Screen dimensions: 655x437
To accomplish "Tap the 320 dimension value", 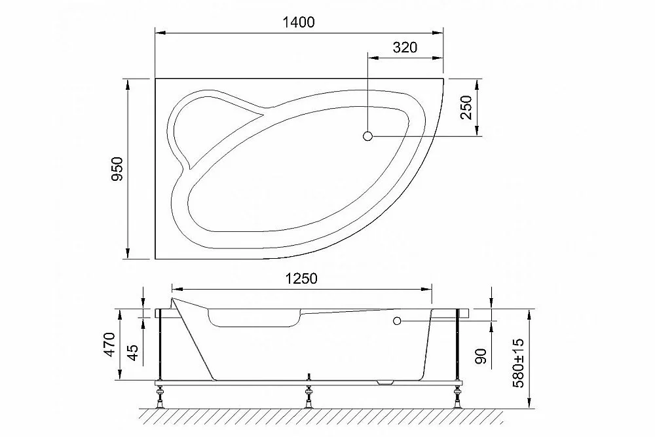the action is [x=405, y=47].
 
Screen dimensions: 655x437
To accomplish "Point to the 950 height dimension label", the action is [x=117, y=168].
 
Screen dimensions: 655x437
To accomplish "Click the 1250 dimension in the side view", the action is [x=301, y=278].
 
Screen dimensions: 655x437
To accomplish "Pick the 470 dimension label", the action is [x=109, y=344].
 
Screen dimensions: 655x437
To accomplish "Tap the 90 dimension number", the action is [x=481, y=356].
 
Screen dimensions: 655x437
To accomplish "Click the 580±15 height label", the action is [x=518, y=363].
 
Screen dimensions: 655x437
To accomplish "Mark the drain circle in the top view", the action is [x=367, y=136].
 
